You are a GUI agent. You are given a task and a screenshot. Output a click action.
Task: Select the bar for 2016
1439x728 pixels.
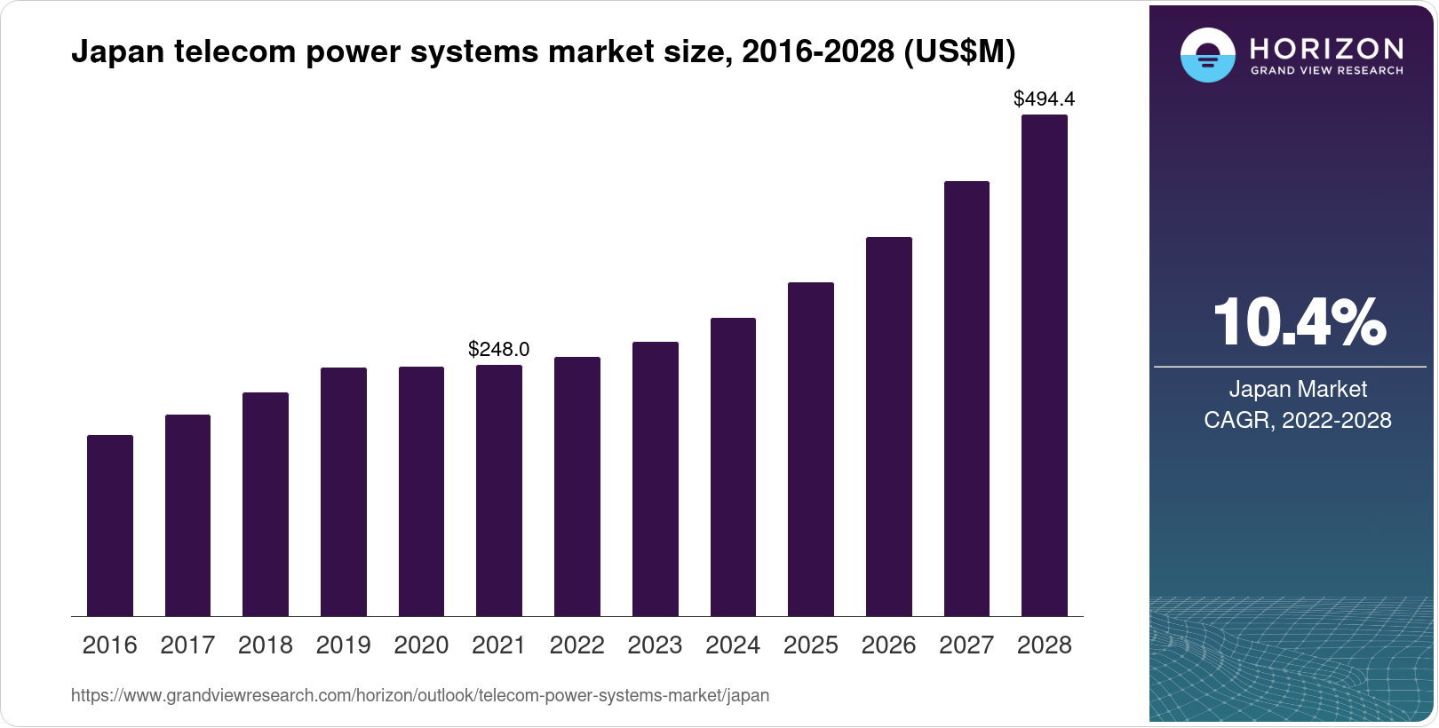click(x=110, y=526)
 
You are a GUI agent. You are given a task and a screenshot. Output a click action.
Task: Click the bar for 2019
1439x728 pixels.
click(x=344, y=492)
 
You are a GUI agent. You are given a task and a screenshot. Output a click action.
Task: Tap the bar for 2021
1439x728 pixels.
click(x=499, y=491)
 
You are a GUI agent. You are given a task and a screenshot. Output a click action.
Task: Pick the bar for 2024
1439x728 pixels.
click(x=733, y=467)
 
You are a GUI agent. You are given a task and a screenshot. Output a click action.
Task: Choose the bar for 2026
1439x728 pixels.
click(x=889, y=427)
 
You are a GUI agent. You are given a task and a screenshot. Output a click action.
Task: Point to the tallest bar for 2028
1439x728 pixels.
click(x=1045, y=366)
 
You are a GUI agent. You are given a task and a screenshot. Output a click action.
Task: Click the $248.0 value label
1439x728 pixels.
click(x=499, y=349)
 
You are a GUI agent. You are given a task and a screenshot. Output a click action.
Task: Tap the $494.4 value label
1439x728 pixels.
click(x=1045, y=99)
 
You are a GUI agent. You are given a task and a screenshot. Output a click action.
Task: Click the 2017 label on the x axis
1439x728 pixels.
click(x=187, y=645)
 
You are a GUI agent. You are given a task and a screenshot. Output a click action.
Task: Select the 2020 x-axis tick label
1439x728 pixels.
click(x=421, y=645)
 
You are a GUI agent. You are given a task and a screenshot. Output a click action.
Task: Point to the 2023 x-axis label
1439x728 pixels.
click(x=655, y=645)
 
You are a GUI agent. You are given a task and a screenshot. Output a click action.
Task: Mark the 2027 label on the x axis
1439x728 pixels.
click(x=966, y=645)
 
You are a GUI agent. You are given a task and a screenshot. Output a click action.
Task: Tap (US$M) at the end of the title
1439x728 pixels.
click(x=959, y=52)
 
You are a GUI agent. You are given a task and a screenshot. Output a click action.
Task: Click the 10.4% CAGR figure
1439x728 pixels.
click(x=1298, y=322)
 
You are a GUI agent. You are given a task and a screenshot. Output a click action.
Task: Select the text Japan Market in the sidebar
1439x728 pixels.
click(x=1298, y=389)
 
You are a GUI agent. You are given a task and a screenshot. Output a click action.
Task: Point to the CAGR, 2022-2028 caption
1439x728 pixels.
click(x=1298, y=420)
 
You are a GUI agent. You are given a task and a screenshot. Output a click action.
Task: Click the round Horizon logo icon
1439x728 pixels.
click(x=1207, y=55)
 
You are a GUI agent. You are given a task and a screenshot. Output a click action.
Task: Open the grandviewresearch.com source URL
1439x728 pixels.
click(x=420, y=695)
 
